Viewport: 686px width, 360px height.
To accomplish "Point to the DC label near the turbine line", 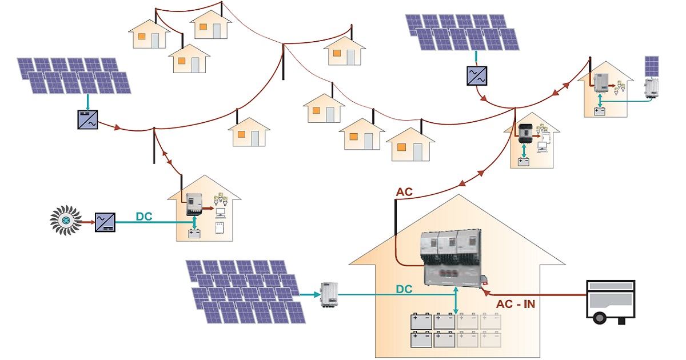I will coord(143,217).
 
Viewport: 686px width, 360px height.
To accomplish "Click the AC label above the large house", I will coord(404,191).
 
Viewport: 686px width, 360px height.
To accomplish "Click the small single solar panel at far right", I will coord(652,66).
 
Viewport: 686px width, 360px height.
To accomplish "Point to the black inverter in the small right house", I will coord(525,133).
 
